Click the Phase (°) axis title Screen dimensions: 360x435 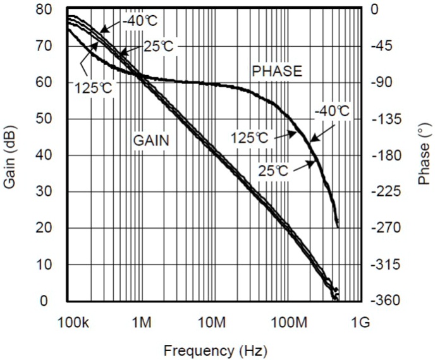pyautogui.click(x=424, y=155)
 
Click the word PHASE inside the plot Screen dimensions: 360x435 pyautogui.click(x=277, y=71)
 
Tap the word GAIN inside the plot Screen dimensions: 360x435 pyautogui.click(x=150, y=140)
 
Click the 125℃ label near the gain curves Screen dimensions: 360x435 pyautogui.click(x=94, y=88)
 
